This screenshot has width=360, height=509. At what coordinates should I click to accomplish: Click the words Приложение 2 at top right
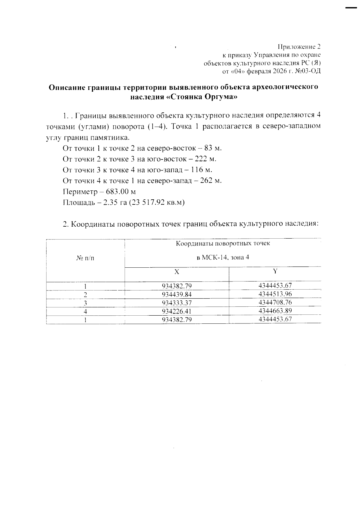click(299, 47)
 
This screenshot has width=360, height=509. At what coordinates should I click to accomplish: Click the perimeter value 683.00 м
click(121, 192)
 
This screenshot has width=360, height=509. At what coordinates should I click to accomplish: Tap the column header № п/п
click(85, 258)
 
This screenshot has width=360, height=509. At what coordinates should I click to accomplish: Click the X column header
click(177, 272)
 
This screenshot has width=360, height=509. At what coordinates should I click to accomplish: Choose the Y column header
click(275, 271)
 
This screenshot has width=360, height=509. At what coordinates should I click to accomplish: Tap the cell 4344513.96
click(275, 294)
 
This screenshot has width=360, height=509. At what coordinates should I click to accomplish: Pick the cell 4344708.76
click(275, 302)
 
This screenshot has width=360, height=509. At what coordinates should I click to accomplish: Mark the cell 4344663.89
click(275, 311)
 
